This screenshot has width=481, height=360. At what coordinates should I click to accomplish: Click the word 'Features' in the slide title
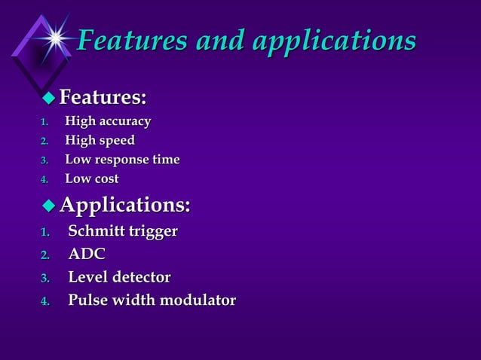pyautogui.click(x=133, y=40)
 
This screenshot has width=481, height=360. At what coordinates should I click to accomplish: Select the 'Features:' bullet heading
pyautogui.click(x=103, y=97)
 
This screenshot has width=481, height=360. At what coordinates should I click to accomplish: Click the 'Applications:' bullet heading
pyautogui.click(x=124, y=204)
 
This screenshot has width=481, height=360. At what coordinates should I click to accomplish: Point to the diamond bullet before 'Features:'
pyautogui.click(x=49, y=97)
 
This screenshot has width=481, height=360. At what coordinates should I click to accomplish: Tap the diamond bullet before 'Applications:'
pyautogui.click(x=49, y=204)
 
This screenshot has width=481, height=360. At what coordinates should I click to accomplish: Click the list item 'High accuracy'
pyautogui.click(x=108, y=121)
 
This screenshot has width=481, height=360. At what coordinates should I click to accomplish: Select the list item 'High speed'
pyautogui.click(x=100, y=140)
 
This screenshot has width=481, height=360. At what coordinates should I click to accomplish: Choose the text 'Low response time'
pyautogui.click(x=122, y=160)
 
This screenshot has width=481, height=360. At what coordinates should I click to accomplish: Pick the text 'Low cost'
pyautogui.click(x=91, y=179)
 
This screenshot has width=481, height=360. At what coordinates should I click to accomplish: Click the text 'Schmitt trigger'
pyautogui.click(x=123, y=231)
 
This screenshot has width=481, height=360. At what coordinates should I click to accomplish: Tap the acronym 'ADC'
pyautogui.click(x=87, y=255)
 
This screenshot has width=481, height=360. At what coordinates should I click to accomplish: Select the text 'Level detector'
pyautogui.click(x=119, y=277)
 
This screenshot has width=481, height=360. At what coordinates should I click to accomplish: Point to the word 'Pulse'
pyautogui.click(x=88, y=301)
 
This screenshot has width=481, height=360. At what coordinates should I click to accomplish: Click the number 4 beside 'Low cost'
pyautogui.click(x=44, y=180)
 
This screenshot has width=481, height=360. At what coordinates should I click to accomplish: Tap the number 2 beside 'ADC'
pyautogui.click(x=44, y=255)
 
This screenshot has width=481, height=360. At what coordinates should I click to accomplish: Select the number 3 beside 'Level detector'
pyautogui.click(x=44, y=279)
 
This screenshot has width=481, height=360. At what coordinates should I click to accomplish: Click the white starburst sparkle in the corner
pyautogui.click(x=55, y=34)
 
